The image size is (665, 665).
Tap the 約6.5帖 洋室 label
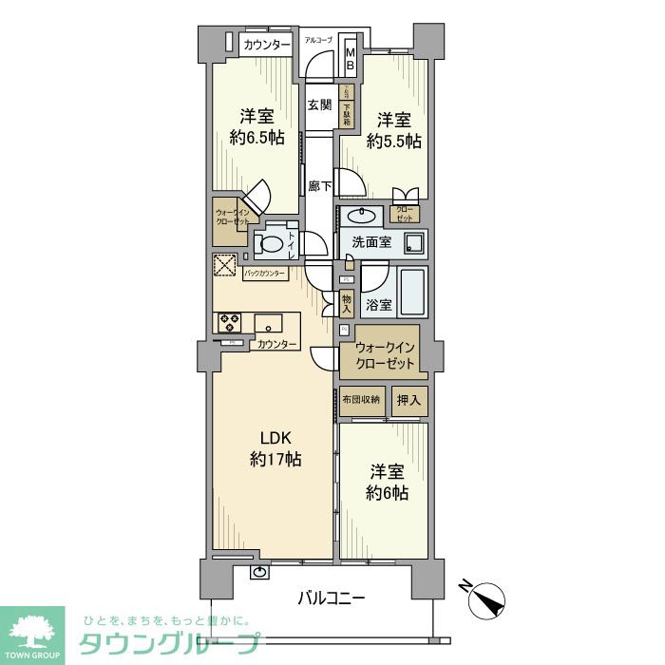click(256, 127)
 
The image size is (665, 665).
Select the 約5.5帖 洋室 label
click(394, 131)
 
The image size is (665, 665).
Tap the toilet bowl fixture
click(272, 243)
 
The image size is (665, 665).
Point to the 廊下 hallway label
click(320, 187)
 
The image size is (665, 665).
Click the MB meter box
click(349, 57)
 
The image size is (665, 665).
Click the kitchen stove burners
click(228, 323)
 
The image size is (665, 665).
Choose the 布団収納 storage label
click(361, 399)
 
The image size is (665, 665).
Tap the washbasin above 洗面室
click(361, 213)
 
